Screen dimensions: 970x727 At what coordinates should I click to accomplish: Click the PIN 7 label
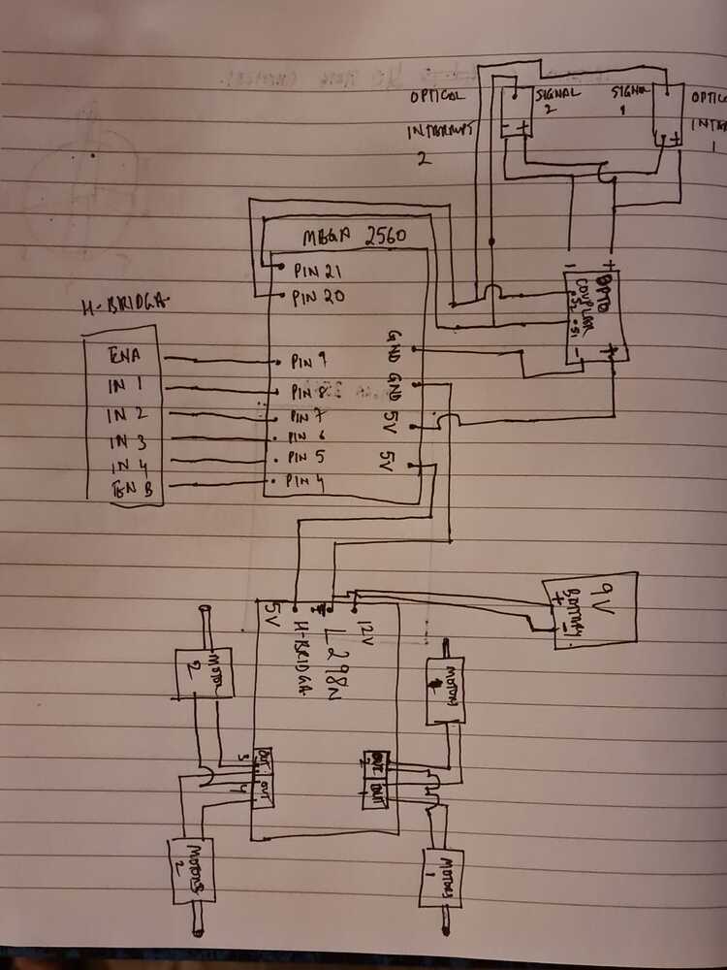point(309,417)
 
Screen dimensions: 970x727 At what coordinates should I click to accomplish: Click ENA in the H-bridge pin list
point(126,357)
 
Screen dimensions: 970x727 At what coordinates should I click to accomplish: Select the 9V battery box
point(589,607)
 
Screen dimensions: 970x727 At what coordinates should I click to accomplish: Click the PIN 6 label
point(307,437)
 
